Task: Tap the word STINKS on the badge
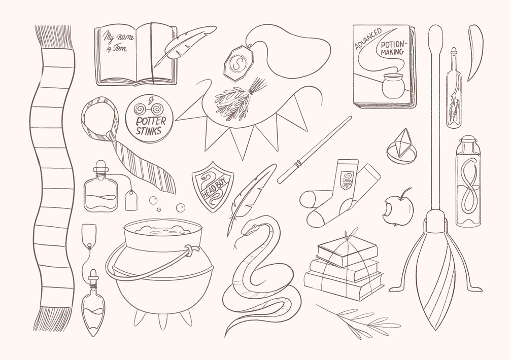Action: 149,131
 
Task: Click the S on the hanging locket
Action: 239,62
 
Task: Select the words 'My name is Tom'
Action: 118,42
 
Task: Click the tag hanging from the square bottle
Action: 131,199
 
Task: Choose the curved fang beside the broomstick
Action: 475,52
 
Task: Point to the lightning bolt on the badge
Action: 151,100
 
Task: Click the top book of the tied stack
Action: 347,250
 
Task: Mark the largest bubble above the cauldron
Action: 180,207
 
